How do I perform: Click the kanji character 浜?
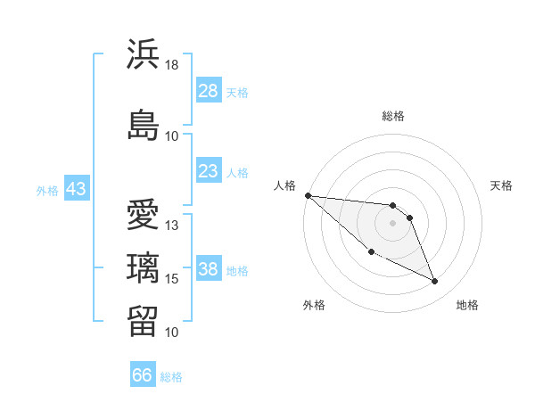143,55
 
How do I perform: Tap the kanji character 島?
143,124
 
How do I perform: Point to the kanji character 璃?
143,267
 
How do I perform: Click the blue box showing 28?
209,91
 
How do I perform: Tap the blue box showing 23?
209,171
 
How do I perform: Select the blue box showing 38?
209,269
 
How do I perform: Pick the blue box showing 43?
76,189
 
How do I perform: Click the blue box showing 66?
143,375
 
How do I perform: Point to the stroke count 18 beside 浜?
172,65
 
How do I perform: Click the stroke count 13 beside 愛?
172,225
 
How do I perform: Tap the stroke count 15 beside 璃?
172,278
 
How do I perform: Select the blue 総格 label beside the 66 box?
172,376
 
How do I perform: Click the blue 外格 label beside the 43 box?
47,190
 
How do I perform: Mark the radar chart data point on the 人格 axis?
308,195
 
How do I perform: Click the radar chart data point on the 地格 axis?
435,282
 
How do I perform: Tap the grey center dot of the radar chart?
392,223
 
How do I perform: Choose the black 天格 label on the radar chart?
502,185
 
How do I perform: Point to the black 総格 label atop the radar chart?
392,116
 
